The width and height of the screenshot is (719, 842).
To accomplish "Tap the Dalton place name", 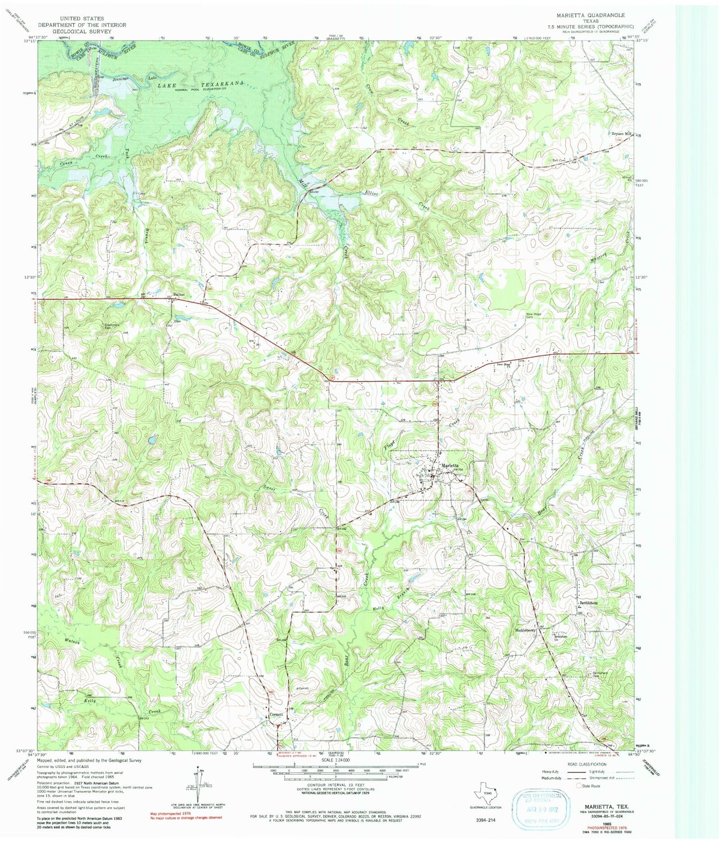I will click(179, 294).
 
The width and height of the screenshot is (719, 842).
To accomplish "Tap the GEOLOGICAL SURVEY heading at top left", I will click(82, 31).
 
